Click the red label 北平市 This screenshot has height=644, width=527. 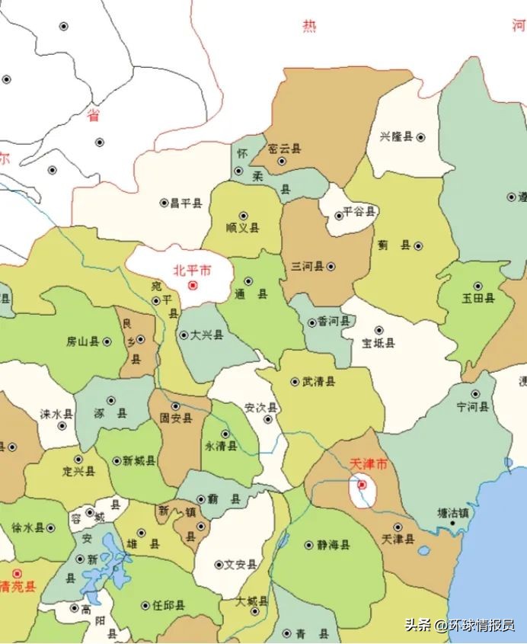[x=192, y=270]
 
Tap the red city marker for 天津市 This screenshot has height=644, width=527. [x=363, y=484]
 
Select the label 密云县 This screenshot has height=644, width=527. [x=286, y=149]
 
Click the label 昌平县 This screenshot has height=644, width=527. [x=186, y=203]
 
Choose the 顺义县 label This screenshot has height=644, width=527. [x=243, y=228]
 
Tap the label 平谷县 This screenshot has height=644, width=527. [x=359, y=211]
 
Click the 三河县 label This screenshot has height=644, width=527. [x=308, y=266]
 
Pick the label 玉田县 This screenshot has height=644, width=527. [x=478, y=298]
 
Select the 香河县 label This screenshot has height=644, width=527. [x=334, y=322]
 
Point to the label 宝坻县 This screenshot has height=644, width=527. [x=378, y=343]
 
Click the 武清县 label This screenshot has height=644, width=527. [x=318, y=381]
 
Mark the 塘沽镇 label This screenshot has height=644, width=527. [x=453, y=513]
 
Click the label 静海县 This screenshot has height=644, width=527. [x=334, y=545]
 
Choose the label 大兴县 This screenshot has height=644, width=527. [x=206, y=335]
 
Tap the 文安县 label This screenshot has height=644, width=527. [x=241, y=565]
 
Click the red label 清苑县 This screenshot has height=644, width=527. [x=18, y=587]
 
